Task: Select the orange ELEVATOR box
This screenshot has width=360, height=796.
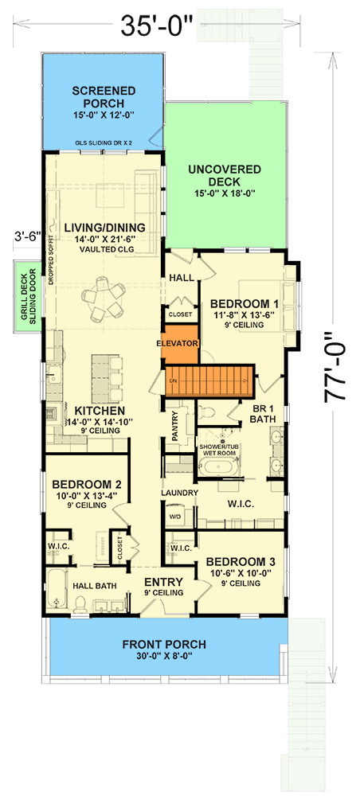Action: click(x=176, y=343)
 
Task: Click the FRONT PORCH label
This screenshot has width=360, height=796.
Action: click(x=165, y=644)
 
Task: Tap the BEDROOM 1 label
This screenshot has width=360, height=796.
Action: click(x=244, y=304)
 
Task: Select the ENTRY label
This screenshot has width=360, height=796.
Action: click(x=165, y=582)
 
